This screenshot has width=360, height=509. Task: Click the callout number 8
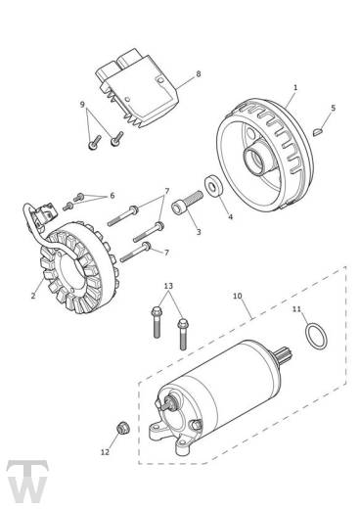pos(199,74)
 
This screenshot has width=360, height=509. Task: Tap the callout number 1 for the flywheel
pos(295,87)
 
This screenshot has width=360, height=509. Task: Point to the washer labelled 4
pos(213,187)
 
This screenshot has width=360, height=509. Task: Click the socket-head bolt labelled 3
pos(188,203)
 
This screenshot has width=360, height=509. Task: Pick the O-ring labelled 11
pos(316,336)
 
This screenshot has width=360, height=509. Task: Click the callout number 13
pos(168,286)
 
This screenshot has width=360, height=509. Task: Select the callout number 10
pos(238,296)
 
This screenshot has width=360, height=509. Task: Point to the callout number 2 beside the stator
pos(33,296)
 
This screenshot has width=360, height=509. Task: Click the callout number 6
pos(112,196)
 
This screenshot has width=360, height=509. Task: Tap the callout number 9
pos(82,105)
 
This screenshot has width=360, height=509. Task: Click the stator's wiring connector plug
pos(47,213)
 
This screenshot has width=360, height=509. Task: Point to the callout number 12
pos(105,452)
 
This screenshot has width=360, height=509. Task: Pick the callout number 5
pos(333,108)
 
